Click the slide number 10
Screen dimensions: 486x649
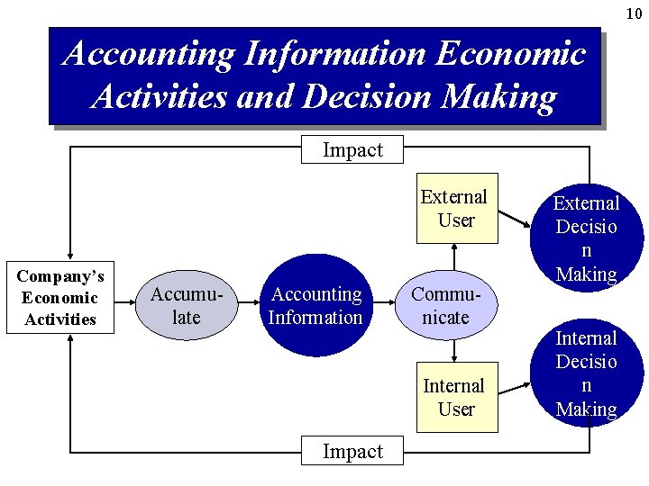635,13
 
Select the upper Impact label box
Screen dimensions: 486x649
352,150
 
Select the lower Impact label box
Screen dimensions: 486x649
352,452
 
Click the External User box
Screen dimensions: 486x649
456,208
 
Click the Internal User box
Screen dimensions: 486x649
456,397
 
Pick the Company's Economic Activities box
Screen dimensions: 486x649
60,298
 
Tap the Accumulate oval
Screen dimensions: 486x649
186,306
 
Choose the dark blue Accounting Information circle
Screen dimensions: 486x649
316,306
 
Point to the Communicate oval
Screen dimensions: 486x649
446,306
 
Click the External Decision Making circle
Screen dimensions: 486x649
587,238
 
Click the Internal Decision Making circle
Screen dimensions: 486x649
587,373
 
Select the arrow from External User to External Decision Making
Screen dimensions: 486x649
516,219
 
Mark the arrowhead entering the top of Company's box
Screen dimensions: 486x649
70,256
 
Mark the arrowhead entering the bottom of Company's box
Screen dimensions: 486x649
70,341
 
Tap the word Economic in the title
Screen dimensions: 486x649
510,54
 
